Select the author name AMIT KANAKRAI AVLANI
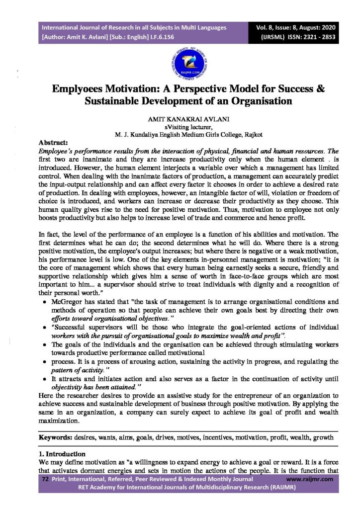coord(180,119)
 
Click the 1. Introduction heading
coord(62,454)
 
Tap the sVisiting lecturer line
coord(180,127)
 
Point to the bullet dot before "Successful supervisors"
coord(45,328)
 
